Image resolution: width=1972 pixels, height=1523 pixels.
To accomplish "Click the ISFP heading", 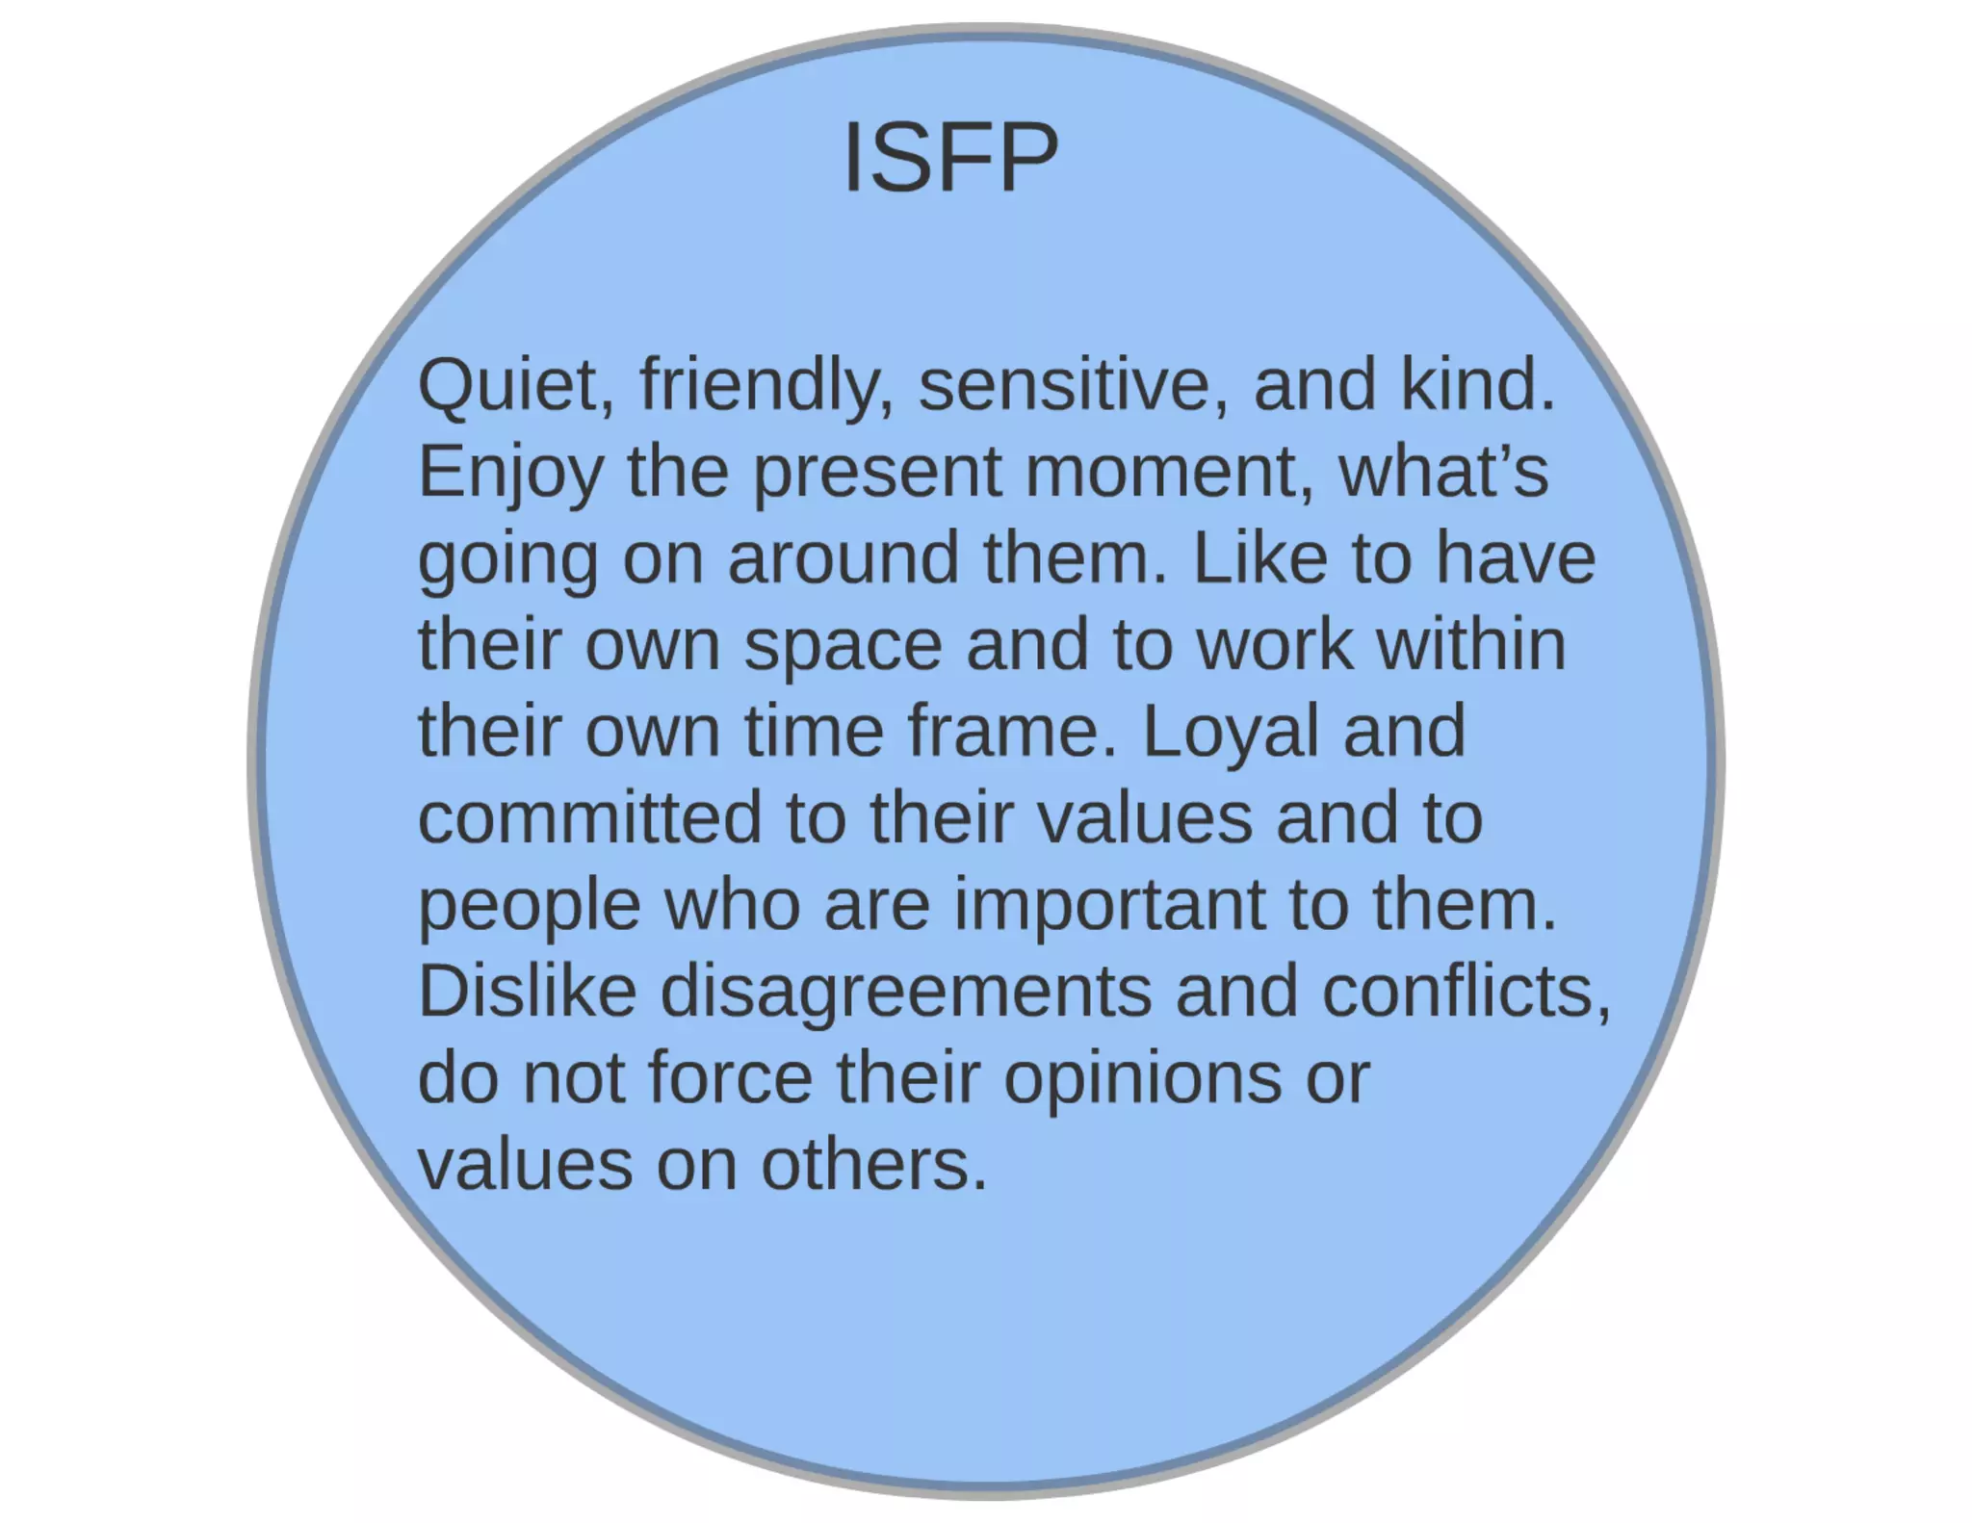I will coord(950,158).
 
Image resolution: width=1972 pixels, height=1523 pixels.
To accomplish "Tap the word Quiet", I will coord(515,385).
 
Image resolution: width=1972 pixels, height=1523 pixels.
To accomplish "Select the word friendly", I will coord(766,385).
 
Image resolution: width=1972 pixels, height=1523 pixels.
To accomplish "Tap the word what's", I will coord(1443,472).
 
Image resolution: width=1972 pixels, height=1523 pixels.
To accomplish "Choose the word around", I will coord(843,558).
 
